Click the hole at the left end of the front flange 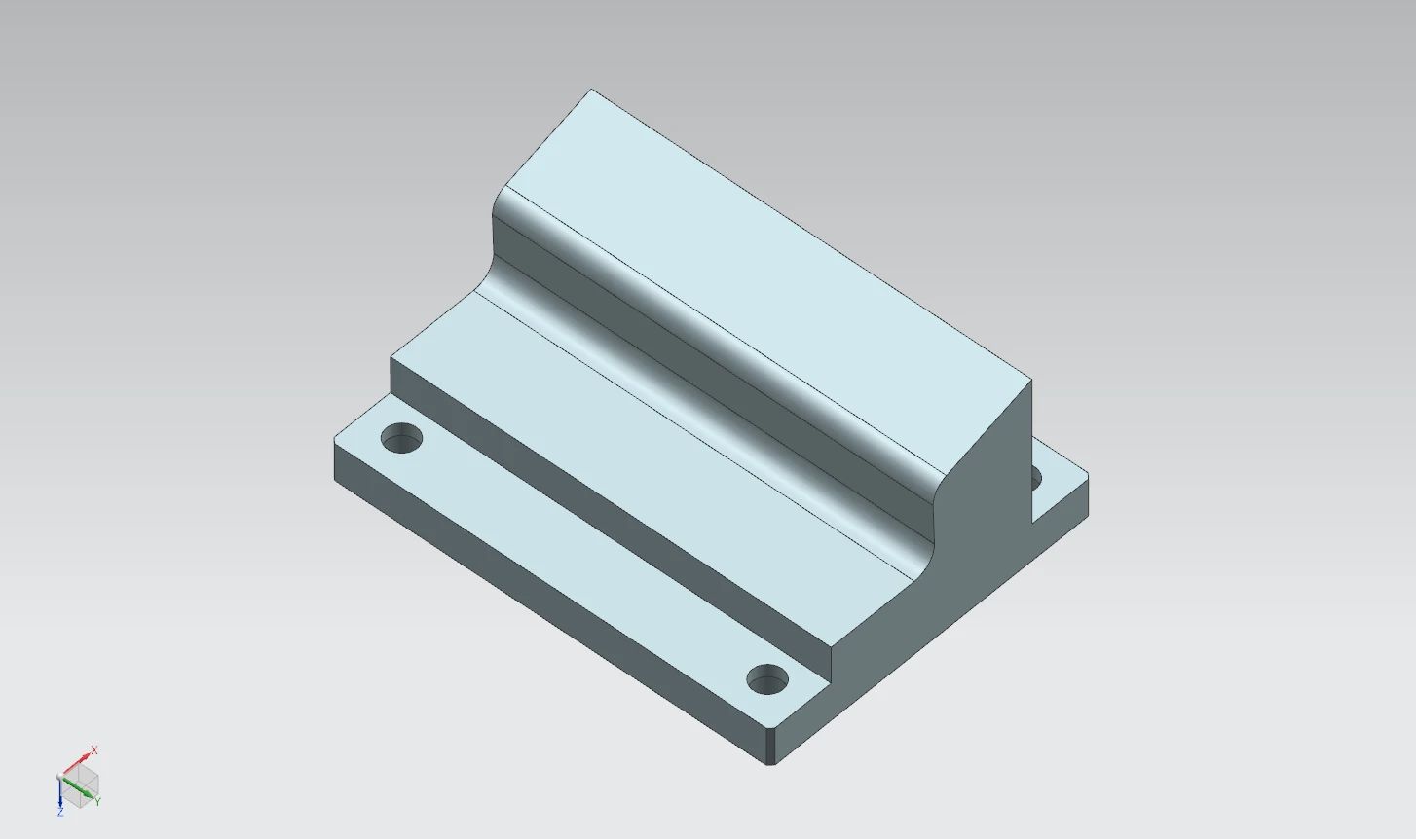[402, 438]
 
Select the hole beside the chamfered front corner [767, 679]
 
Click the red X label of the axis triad [94, 749]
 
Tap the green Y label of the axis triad [98, 802]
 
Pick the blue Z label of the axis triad [60, 813]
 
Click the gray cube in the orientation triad [80, 786]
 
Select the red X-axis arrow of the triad [77, 763]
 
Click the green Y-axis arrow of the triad [78, 787]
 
